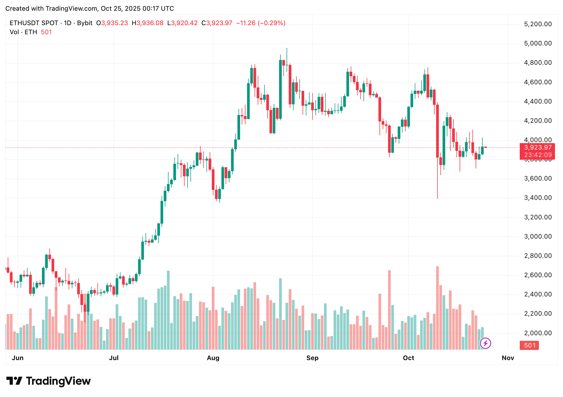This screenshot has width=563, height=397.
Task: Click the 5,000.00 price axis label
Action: pos(538,43)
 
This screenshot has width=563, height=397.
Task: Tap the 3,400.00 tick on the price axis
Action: pos(538,198)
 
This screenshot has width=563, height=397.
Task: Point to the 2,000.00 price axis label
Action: pos(538,333)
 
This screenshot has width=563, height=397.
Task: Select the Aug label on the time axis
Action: pos(213,358)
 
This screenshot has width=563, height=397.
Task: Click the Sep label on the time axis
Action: pos(312,358)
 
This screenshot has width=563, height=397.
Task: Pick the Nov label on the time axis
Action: pos(508,358)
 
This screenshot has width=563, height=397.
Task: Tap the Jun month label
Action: pos(18,358)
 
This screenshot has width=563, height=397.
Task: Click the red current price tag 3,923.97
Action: pos(537,148)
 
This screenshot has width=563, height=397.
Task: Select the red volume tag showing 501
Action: pos(529,345)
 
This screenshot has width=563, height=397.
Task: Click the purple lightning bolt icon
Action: pos(485,343)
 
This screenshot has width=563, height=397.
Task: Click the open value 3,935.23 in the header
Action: pos(114,23)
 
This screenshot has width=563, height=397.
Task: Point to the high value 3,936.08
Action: pos(150,23)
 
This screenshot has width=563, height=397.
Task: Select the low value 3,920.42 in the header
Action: pos(184,23)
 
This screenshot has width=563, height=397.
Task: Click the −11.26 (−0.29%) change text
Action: pos(261,23)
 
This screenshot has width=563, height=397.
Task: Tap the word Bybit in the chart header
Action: pos(85,23)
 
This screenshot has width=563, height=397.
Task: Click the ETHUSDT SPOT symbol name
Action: pos(34,23)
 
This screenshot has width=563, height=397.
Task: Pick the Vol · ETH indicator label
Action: pos(23,32)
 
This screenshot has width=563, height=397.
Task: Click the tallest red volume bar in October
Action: pos(437,308)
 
